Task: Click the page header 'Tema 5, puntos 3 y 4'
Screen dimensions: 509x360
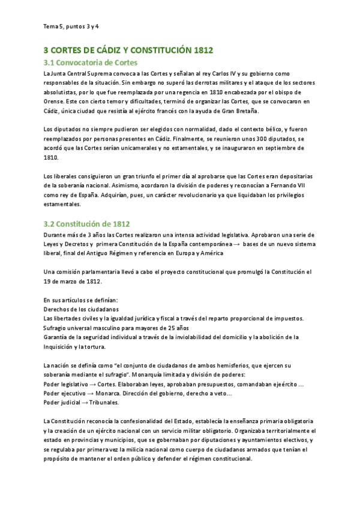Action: tap(71, 26)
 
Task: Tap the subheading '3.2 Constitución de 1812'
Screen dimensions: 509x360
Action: tap(86, 223)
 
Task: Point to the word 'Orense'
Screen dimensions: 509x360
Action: tap(55, 101)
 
